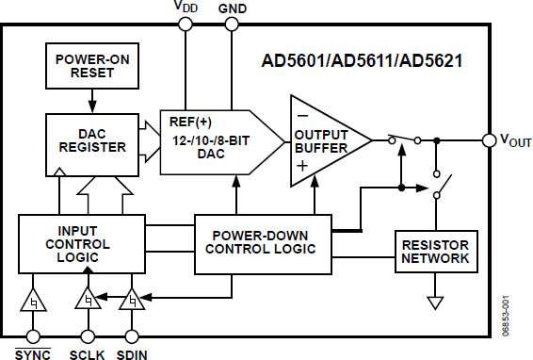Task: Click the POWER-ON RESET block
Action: click(92, 62)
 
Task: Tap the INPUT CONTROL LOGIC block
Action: click(82, 244)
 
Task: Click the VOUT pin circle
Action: click(488, 140)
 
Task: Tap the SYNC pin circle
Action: click(35, 335)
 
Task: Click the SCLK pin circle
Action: click(88, 335)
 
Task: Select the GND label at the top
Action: click(231, 8)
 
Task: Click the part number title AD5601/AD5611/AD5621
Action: click(365, 62)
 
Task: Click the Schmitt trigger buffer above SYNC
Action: click(35, 303)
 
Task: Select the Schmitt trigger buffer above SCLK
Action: click(88, 303)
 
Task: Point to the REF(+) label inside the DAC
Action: click(192, 122)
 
